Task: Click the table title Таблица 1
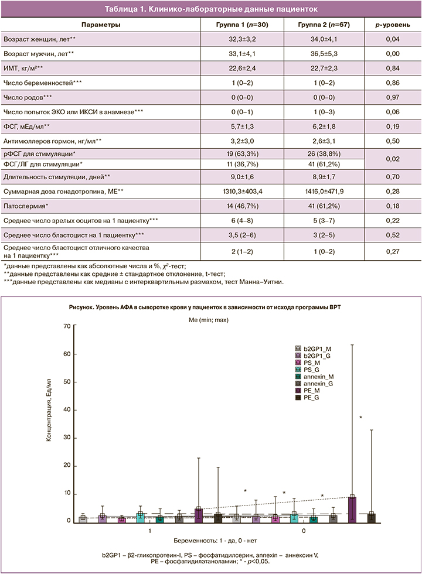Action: (210, 9)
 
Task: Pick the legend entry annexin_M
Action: (319, 377)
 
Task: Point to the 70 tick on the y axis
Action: (66, 326)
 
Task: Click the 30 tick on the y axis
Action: (66, 438)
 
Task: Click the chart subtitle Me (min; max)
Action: (210, 319)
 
